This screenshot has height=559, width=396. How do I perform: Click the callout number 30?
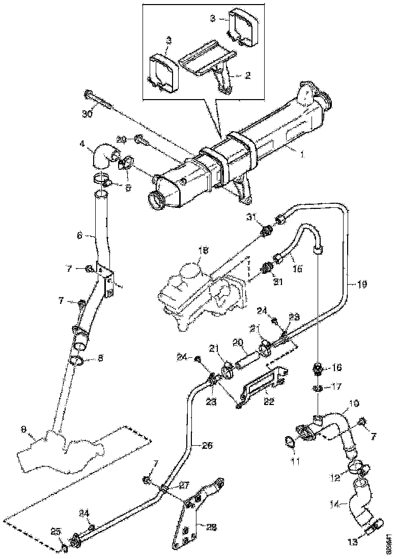(x=88, y=114)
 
